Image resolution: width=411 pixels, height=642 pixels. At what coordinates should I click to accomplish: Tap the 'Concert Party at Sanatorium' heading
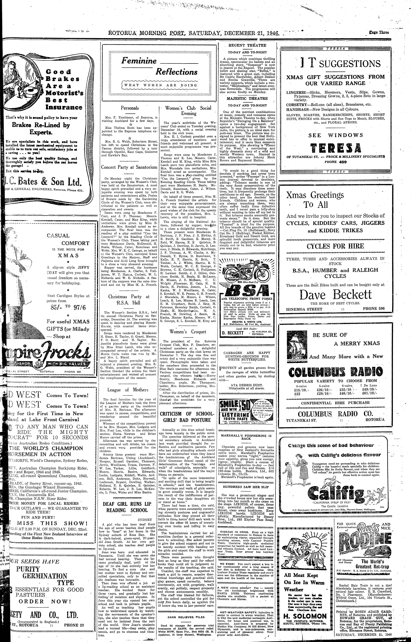click(129, 167)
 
